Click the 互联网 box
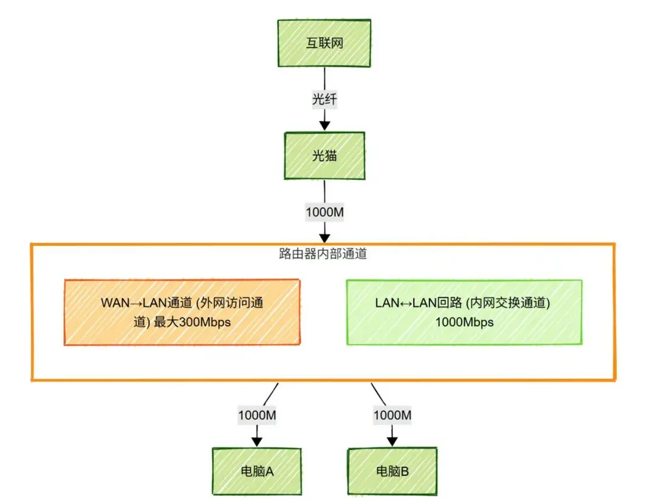click(324, 43)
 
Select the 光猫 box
click(324, 156)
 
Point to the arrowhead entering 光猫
click(324, 125)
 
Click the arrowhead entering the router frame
click(324, 236)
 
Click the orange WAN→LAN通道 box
click(182, 312)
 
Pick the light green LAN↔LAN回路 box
click(464, 312)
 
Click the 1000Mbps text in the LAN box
click(464, 322)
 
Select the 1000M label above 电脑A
click(257, 415)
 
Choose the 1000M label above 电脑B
click(392, 415)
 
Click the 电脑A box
click(256, 470)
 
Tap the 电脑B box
click(392, 470)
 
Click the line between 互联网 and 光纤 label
click(324, 79)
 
